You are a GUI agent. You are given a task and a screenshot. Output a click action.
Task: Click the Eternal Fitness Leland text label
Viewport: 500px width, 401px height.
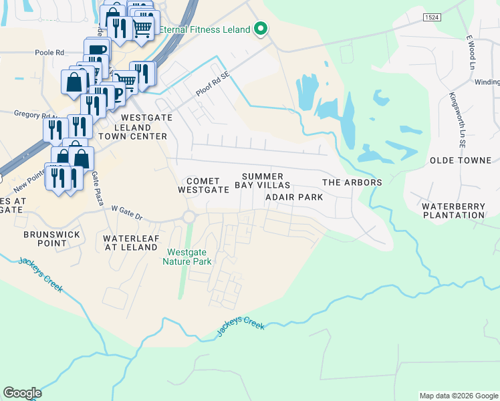[x=205, y=29]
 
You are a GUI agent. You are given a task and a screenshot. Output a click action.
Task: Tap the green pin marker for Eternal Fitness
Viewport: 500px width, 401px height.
[x=261, y=29]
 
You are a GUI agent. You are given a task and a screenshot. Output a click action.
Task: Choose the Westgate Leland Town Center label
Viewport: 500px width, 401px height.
[x=133, y=126]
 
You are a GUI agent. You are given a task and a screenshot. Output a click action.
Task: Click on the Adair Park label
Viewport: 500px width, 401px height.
[x=294, y=197]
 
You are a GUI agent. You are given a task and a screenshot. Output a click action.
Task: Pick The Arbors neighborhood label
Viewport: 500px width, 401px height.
[x=352, y=182]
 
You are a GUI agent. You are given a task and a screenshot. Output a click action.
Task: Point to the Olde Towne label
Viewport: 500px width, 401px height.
[x=461, y=161]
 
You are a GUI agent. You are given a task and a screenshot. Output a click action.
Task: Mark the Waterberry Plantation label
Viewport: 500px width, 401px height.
[x=453, y=211]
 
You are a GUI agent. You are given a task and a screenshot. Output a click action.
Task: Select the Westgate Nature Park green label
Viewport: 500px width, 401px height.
[x=189, y=257]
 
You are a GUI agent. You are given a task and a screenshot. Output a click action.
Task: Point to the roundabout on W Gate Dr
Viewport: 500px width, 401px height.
[x=189, y=217]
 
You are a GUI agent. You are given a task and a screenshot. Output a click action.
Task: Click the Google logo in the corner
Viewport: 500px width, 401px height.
[x=22, y=393]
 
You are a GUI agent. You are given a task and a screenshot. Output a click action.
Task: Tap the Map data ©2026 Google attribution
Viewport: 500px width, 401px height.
[x=458, y=396]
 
